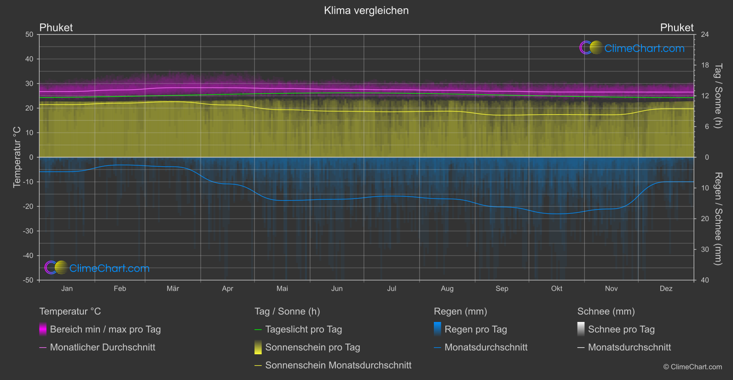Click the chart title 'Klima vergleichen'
pos(366,11)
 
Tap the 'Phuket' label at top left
pos(56,28)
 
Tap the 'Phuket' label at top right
pos(676,28)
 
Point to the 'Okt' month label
pos(557,289)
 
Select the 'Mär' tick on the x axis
pos(173,289)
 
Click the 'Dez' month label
pos(666,289)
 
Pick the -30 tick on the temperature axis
pos(29,231)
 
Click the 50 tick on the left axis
pos(29,35)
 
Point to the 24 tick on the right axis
pos(704,35)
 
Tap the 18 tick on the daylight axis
pos(704,65)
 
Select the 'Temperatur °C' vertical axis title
pos(17,157)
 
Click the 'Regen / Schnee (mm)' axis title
pos(718,219)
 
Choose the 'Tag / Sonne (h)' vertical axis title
pos(718,96)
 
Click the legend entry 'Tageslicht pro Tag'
pos(303,329)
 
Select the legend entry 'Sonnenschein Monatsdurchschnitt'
pos(338,365)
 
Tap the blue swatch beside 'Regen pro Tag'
pos(438,329)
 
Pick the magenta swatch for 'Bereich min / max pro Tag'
pos(43,329)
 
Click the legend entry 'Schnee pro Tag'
pos(621,329)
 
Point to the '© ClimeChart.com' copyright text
pos(693,367)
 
